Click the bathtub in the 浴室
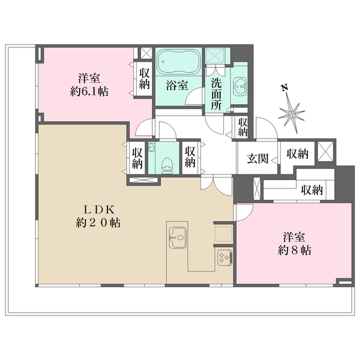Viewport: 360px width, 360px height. point(178,62)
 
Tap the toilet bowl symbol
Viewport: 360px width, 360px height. point(167,164)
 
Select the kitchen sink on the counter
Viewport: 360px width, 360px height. point(178,238)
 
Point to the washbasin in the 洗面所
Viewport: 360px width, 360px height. point(239,86)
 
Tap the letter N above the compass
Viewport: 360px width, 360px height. point(284,88)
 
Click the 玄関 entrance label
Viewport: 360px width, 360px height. point(257,158)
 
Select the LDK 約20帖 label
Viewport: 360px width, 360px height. point(98,216)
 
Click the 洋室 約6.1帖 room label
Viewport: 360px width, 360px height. point(89,85)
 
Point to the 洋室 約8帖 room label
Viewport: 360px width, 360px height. point(295,244)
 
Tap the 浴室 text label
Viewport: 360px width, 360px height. point(177,85)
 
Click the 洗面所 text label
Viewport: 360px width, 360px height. point(217,94)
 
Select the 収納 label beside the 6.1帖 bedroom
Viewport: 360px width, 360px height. point(145,79)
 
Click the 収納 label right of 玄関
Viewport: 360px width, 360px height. point(298,154)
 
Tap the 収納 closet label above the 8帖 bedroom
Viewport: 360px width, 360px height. point(312,190)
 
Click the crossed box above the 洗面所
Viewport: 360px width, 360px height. point(214,55)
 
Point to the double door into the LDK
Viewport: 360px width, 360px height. point(216,185)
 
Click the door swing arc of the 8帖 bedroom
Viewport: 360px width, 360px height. point(245,212)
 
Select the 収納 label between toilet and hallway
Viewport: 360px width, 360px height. point(190,157)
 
